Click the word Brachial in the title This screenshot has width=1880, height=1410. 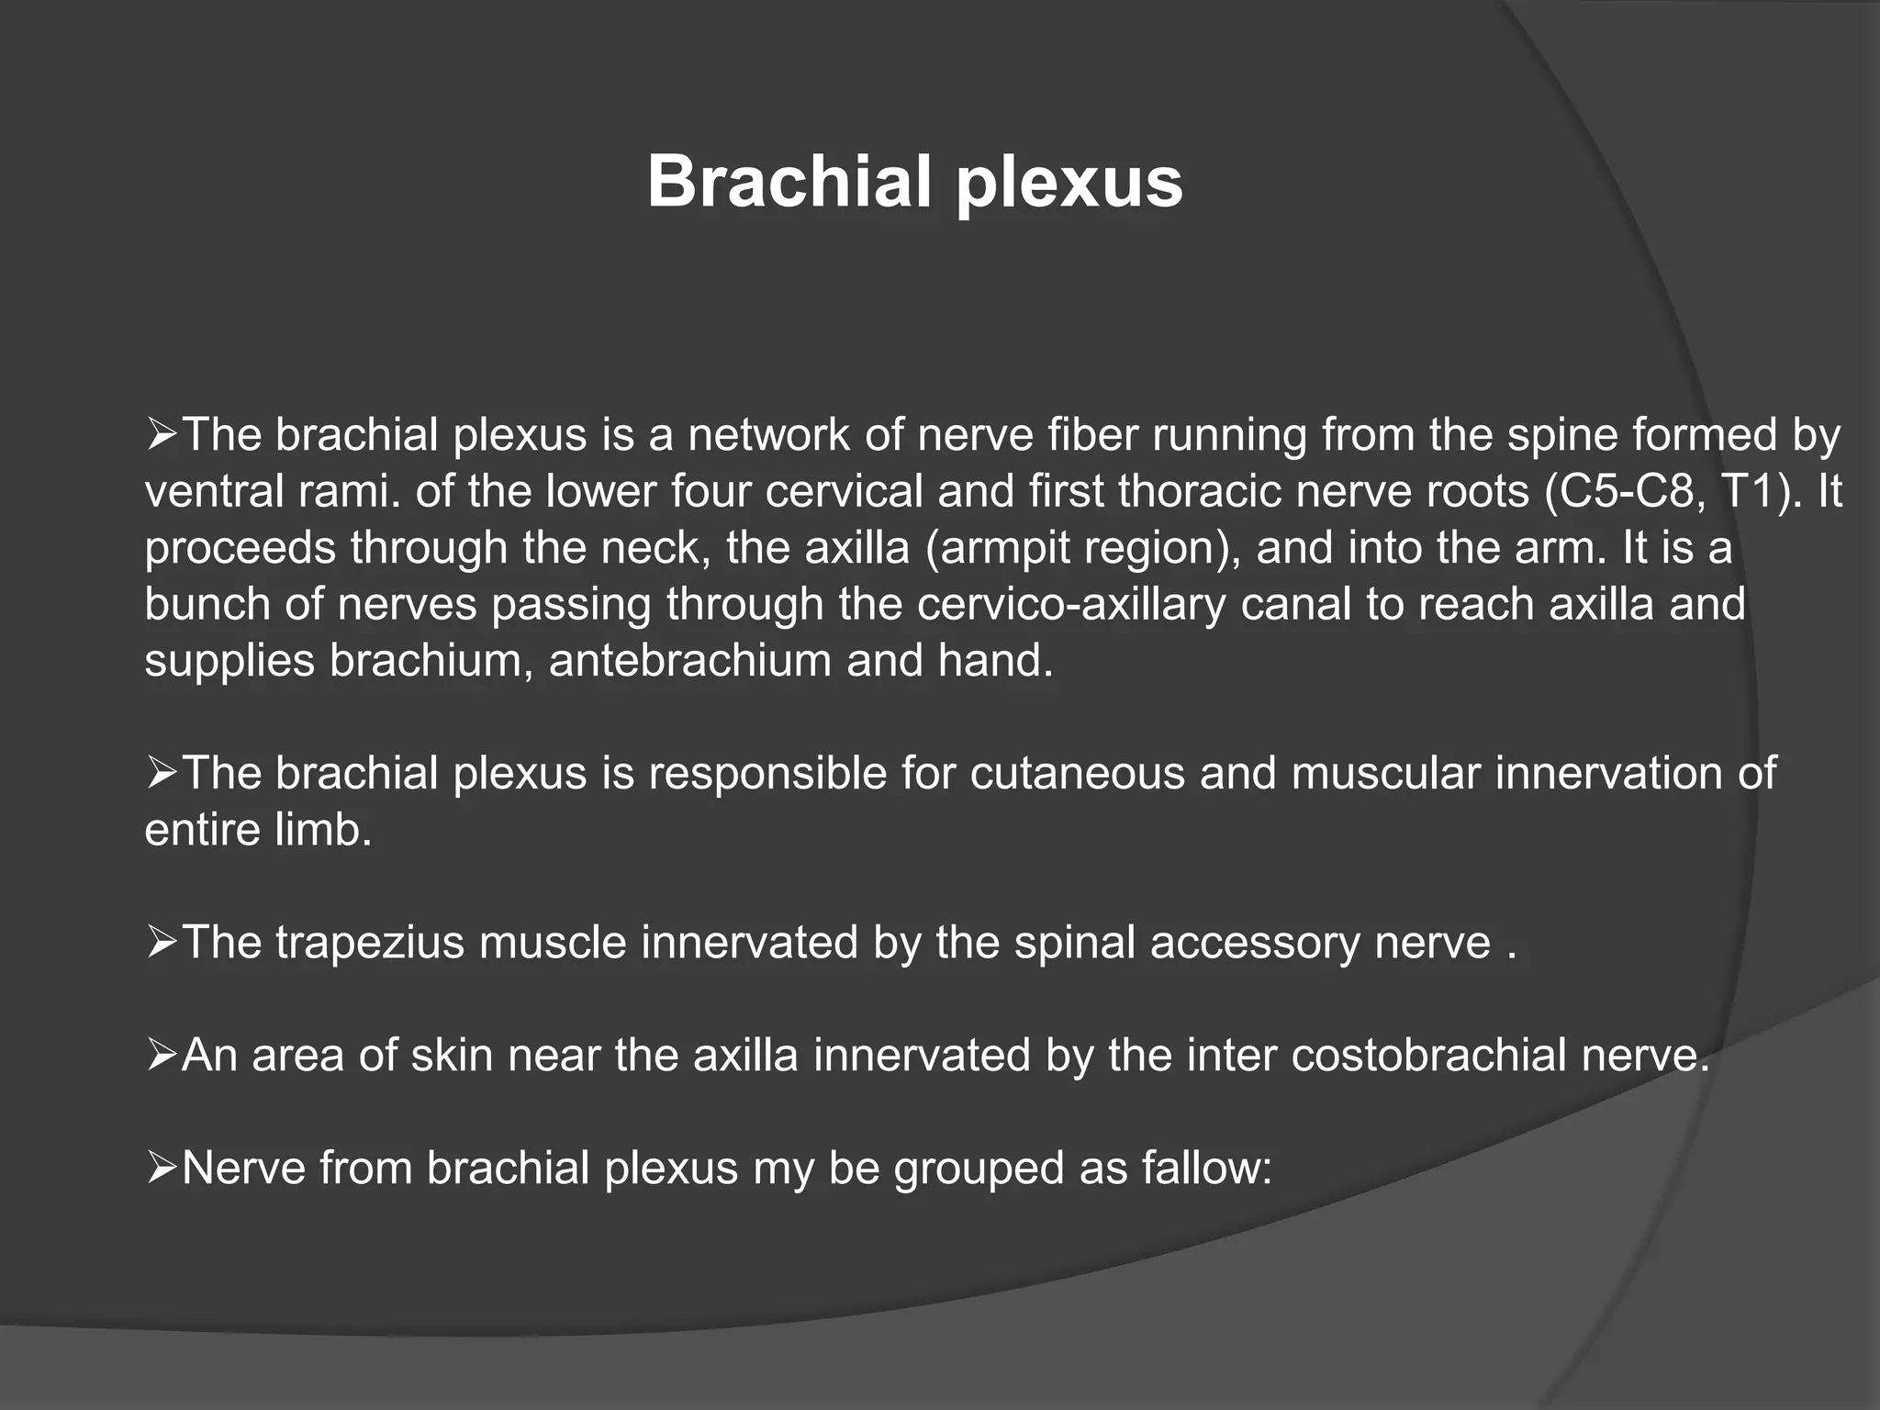pyautogui.click(x=789, y=182)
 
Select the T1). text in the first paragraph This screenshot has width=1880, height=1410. pyautogui.click(x=1761, y=491)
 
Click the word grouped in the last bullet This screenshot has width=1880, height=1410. pyautogui.click(x=979, y=1169)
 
